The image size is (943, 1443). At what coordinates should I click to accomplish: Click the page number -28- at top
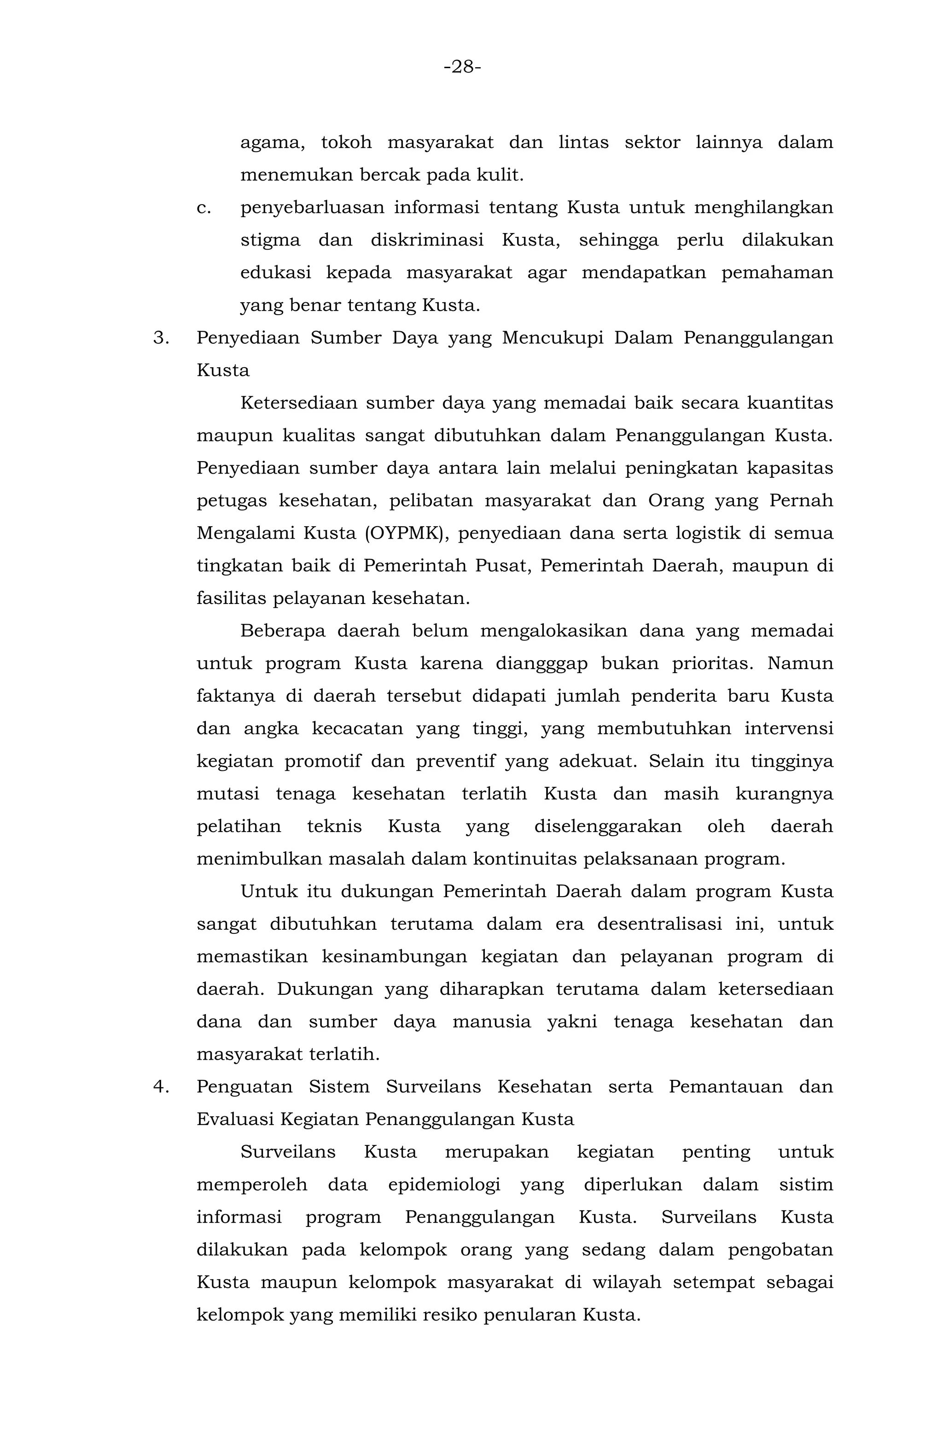[x=462, y=67]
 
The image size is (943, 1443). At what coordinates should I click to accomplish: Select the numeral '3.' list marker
[x=161, y=338]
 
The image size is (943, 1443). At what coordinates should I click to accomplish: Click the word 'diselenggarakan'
[x=608, y=827]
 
